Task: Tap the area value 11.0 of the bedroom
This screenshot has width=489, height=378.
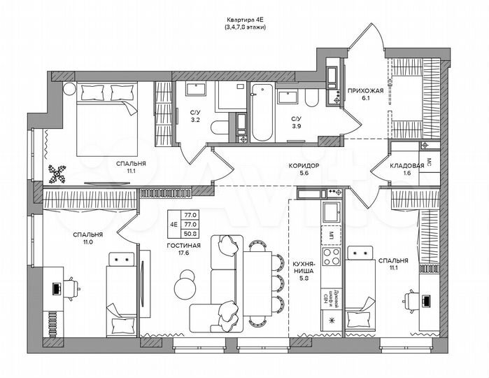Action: pyautogui.click(x=88, y=242)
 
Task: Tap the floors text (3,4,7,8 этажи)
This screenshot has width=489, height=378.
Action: pyautogui.click(x=245, y=28)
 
